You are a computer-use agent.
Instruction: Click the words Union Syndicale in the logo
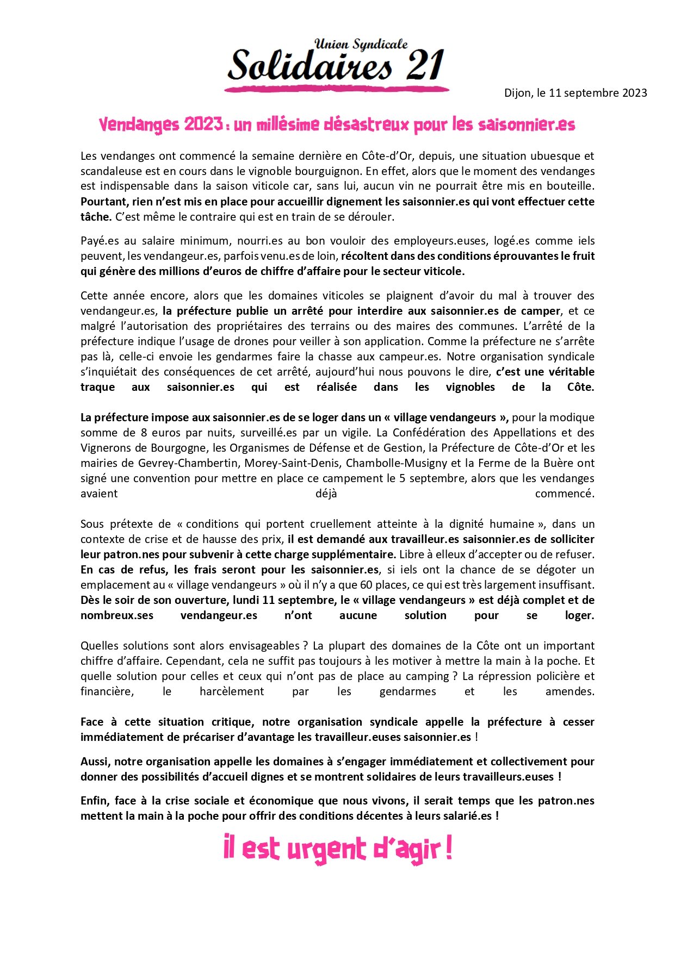(361, 45)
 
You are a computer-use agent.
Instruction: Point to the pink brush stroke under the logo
(337, 88)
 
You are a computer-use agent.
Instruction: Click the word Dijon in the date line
(517, 93)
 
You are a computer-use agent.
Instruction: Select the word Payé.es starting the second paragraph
(100, 241)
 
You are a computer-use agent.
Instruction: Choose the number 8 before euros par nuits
(144, 433)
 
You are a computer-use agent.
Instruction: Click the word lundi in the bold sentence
(246, 600)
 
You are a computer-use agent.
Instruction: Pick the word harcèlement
(232, 691)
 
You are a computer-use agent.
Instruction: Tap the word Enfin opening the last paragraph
(95, 801)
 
